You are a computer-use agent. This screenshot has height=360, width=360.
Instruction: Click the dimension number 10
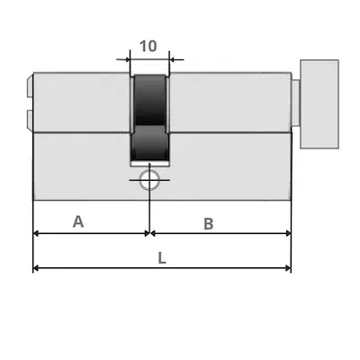148,46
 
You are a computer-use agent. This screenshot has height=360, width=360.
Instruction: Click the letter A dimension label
78,221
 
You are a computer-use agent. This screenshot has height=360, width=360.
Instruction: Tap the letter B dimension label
209,224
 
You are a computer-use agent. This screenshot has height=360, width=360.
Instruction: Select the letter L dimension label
162,258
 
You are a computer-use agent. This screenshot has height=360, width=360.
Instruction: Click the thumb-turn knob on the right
319,104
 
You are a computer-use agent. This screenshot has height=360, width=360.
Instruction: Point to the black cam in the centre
149,117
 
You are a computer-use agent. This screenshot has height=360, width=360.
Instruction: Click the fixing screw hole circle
149,180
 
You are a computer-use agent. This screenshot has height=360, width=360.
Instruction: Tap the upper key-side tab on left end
30,86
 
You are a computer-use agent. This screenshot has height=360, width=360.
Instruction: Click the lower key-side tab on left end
30,120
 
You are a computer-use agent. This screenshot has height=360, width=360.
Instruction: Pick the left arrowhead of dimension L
35,268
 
